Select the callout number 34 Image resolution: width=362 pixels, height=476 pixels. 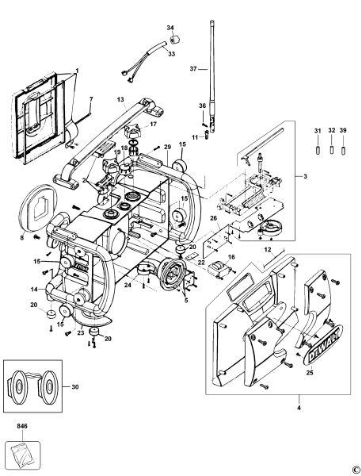click(x=170, y=28)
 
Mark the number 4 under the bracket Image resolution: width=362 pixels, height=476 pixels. click(x=299, y=409)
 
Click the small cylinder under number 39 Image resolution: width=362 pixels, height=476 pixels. click(x=344, y=149)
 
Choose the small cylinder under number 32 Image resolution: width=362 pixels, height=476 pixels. click(x=329, y=149)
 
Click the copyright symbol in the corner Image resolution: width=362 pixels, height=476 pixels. click(x=356, y=469)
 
